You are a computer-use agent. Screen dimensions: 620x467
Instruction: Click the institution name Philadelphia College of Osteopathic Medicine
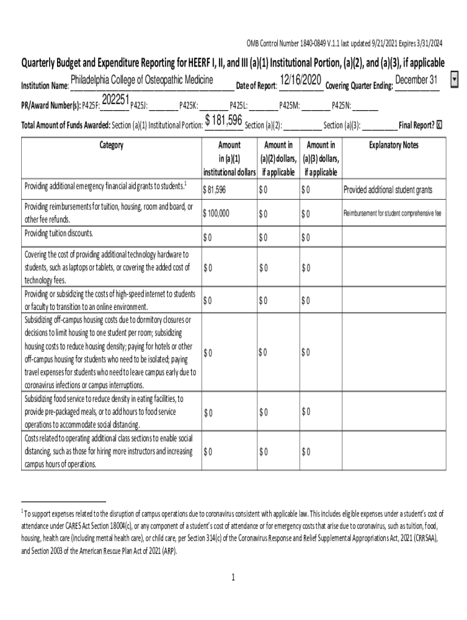coord(141,81)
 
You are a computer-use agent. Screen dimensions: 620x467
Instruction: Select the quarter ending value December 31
coord(416,81)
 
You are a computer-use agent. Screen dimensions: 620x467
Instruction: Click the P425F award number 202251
coord(115,99)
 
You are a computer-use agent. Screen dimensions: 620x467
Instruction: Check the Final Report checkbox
coord(440,125)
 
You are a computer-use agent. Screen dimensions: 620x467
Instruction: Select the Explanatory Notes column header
coord(394,145)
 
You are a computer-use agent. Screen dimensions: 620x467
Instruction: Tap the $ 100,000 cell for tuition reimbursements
coord(217,214)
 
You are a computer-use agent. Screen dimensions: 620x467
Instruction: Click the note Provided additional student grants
coord(388,190)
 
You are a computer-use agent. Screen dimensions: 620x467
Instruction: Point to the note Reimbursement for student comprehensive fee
coord(392,213)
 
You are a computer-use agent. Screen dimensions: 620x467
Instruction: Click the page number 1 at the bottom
coord(233,577)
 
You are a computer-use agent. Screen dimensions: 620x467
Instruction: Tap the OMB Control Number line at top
coord(344,43)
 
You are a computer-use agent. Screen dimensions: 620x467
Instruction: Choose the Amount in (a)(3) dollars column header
coord(321,159)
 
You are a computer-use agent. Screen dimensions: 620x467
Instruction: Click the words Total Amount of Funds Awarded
coord(66,125)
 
